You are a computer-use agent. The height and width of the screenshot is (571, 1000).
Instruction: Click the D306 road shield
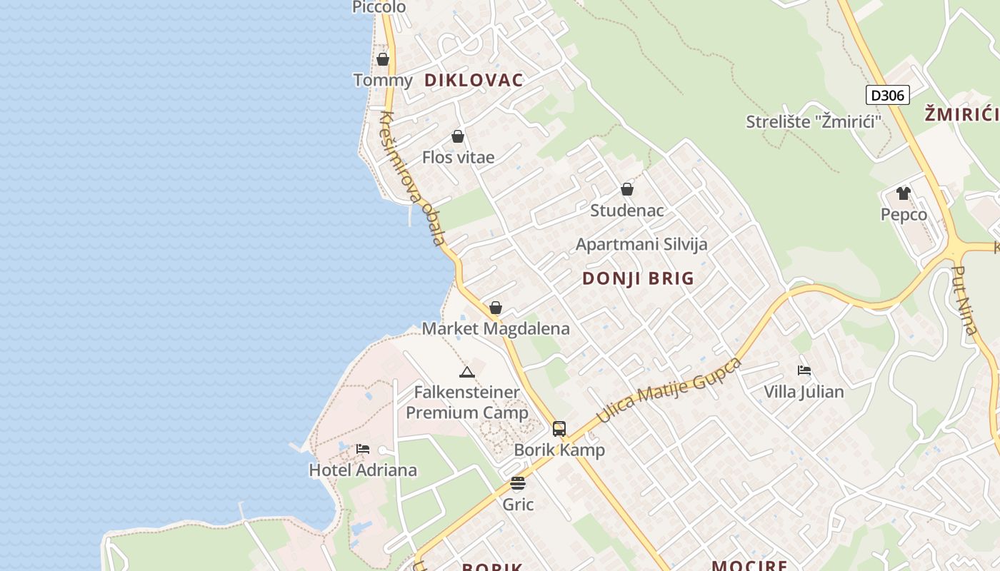[x=887, y=95]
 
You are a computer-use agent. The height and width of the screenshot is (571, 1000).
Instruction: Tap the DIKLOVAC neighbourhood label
[x=474, y=80]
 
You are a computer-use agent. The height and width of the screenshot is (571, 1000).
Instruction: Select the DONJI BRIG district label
[x=638, y=278]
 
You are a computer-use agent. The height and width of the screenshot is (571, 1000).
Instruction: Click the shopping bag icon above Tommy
[x=383, y=59]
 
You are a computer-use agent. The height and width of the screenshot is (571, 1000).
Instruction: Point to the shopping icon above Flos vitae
[x=458, y=136]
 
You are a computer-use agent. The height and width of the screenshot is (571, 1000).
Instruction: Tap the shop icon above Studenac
[x=627, y=189]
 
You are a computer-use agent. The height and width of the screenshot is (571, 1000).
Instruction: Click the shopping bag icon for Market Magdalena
[x=496, y=308]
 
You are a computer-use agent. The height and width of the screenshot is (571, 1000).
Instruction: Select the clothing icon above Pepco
[x=904, y=193]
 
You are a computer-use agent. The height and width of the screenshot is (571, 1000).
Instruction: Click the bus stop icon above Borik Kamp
[x=559, y=429]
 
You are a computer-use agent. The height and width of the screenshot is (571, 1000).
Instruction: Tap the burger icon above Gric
[x=518, y=483]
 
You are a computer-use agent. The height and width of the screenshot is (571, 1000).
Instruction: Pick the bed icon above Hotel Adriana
[x=363, y=449]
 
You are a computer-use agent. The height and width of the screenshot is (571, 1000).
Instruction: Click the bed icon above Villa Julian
[x=804, y=370]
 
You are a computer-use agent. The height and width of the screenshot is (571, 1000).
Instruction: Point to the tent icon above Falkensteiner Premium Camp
[x=467, y=372]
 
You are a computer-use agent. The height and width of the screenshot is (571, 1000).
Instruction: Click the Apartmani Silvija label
[x=641, y=244]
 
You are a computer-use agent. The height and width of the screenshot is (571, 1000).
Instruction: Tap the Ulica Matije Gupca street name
[x=669, y=390]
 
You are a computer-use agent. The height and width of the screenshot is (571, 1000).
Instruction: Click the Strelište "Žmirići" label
[x=813, y=121]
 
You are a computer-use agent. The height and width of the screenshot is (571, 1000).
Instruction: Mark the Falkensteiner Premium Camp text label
[x=467, y=403]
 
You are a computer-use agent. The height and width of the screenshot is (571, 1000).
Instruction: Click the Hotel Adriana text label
[x=363, y=470]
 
